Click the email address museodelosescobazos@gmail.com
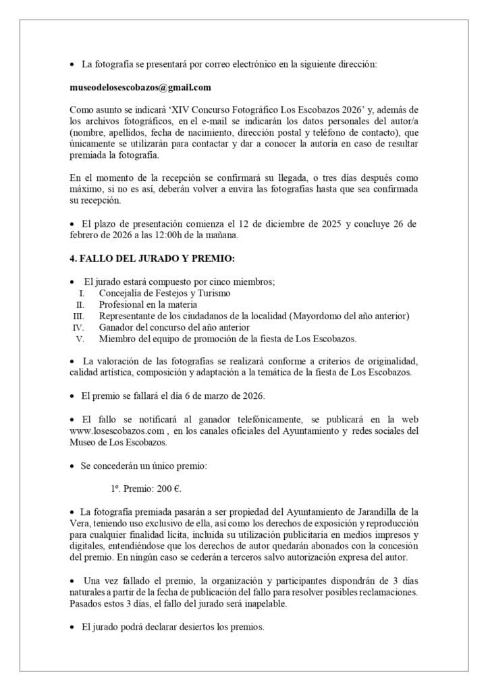pyautogui.click(x=140, y=87)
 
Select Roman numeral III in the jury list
pyautogui.click(x=78, y=316)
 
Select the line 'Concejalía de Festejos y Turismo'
pyautogui.click(x=164, y=294)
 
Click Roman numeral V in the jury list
pyautogui.click(x=80, y=339)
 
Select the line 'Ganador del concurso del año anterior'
pyautogui.click(x=174, y=327)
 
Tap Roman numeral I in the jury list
pyautogui.click(x=82, y=294)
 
